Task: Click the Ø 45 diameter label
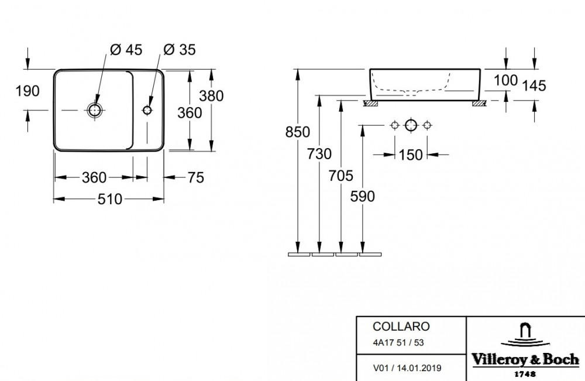tap(126, 50)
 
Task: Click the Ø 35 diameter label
tap(180, 50)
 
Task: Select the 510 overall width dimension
tap(110, 199)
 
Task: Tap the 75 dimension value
tap(196, 178)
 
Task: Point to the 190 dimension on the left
tap(27, 91)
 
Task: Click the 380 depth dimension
tap(211, 96)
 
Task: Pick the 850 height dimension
tap(297, 132)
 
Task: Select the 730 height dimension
tap(319, 154)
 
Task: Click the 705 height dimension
tap(340, 176)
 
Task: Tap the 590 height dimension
tap(362, 196)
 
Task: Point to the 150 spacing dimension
tap(411, 155)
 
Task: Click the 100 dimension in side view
tap(505, 80)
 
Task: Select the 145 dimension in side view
tap(534, 86)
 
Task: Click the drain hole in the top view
tap(95, 110)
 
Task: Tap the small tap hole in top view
tap(147, 110)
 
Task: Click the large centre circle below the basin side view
tap(411, 125)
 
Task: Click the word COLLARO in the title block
tap(401, 327)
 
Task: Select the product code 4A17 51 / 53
tap(398, 342)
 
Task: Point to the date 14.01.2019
tap(419, 368)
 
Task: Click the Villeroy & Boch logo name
tap(525, 360)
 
